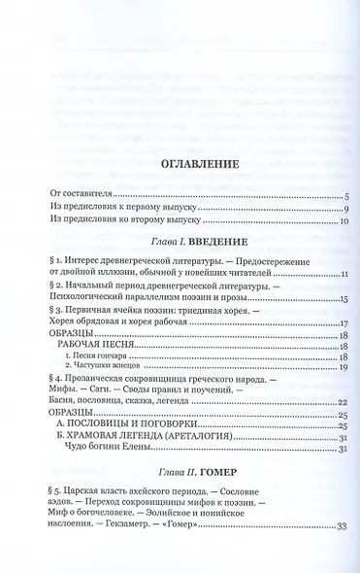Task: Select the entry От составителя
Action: [77, 195]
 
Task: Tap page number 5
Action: [344, 196]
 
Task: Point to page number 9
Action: [344, 211]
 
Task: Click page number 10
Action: [343, 223]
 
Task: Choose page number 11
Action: [343, 274]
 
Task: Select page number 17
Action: [343, 323]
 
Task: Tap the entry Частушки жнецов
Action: [100, 368]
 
